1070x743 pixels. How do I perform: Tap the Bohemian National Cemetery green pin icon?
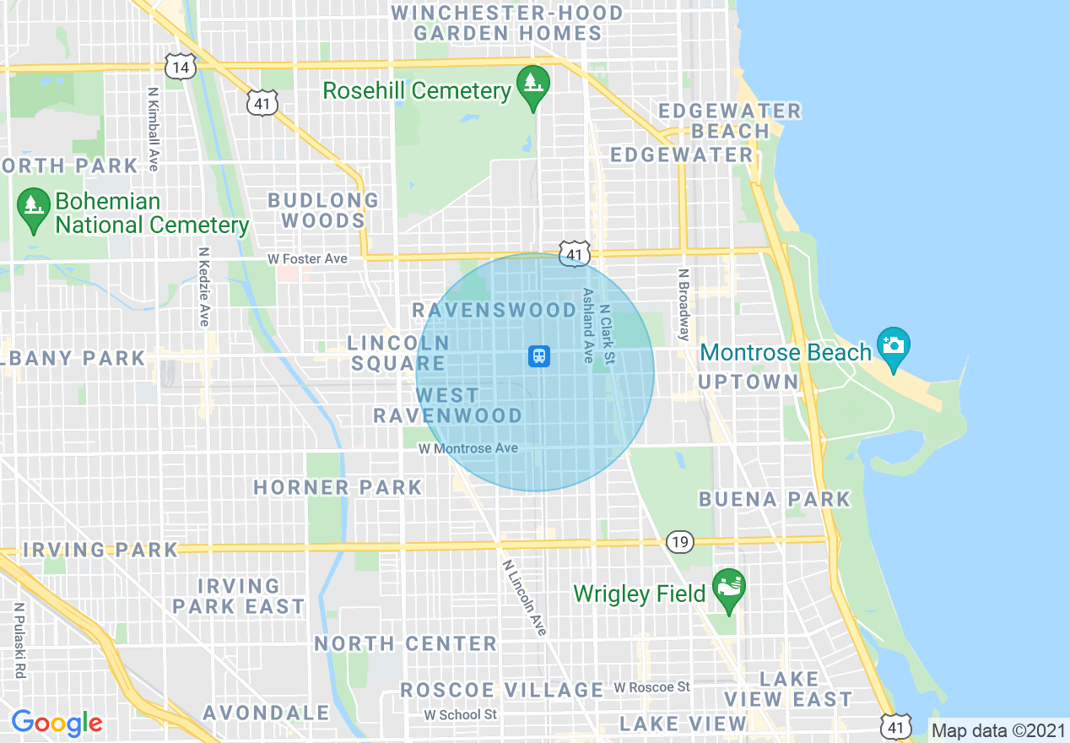tap(34, 209)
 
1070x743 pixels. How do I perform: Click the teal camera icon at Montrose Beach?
tap(893, 347)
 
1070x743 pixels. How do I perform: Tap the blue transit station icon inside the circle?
tap(538, 356)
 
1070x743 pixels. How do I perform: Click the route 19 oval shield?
tap(679, 540)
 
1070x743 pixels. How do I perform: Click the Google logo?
tap(57, 723)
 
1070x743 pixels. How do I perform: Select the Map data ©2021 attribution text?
tap(997, 730)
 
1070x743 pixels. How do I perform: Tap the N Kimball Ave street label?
tap(153, 128)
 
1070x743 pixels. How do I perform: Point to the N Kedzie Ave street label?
tap(203, 287)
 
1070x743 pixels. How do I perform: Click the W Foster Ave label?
tap(307, 258)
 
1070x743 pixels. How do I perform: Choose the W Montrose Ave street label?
tap(467, 448)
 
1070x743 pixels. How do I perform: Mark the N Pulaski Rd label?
tap(19, 640)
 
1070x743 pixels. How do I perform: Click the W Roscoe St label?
tap(651, 687)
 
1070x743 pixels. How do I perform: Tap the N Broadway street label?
tap(684, 304)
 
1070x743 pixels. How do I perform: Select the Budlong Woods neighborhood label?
tap(323, 211)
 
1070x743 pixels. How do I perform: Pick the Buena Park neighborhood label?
tap(774, 499)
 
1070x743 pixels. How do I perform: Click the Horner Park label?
tap(338, 487)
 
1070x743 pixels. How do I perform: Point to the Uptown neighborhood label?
tap(748, 382)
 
